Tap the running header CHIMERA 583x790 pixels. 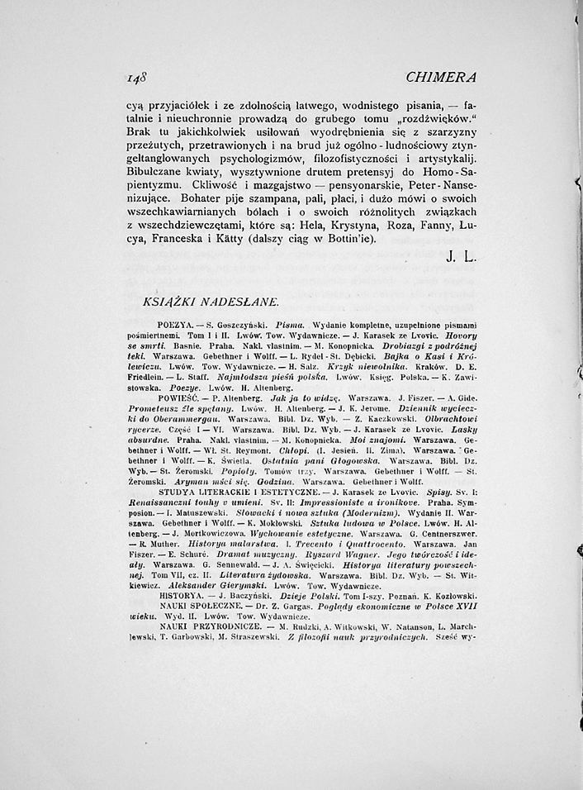pyautogui.click(x=442, y=77)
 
